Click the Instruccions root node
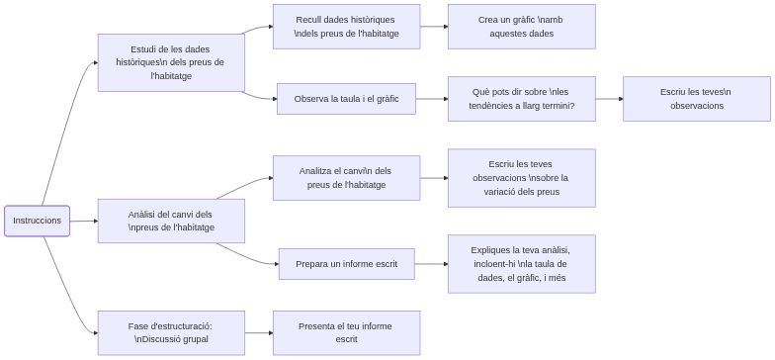(38, 221)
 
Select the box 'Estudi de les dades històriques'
(171, 62)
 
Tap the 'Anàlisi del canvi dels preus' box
(171, 221)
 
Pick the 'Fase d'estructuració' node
(171, 332)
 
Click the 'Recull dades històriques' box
(346, 27)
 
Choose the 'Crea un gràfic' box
(521, 27)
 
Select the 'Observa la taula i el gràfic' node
(346, 98)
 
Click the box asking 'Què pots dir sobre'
(521, 98)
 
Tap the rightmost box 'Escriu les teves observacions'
(696, 98)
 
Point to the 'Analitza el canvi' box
(346, 178)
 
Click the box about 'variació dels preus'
(521, 178)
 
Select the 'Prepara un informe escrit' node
(346, 264)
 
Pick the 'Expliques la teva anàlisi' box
(521, 264)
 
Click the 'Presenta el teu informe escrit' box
(346, 332)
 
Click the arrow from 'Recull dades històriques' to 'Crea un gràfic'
(434, 27)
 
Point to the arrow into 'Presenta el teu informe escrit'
(259, 332)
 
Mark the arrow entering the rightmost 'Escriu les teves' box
(609, 98)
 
